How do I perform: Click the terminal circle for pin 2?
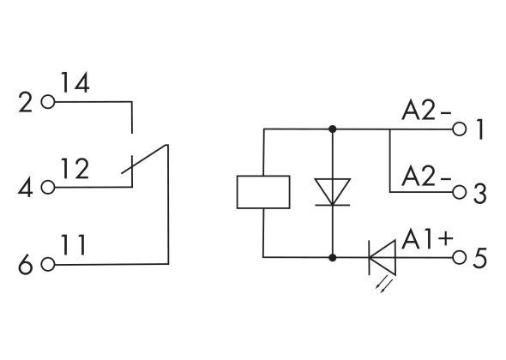click(48, 103)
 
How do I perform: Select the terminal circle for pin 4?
click(48, 186)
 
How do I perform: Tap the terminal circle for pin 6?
click(48, 265)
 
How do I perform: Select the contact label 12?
click(76, 169)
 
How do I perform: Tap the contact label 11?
click(75, 247)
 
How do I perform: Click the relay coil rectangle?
click(263, 191)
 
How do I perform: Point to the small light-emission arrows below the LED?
click(383, 280)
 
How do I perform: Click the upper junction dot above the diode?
click(332, 129)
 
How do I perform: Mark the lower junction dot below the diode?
click(332, 256)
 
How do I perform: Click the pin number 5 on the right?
click(480, 257)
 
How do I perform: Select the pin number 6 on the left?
click(25, 266)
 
